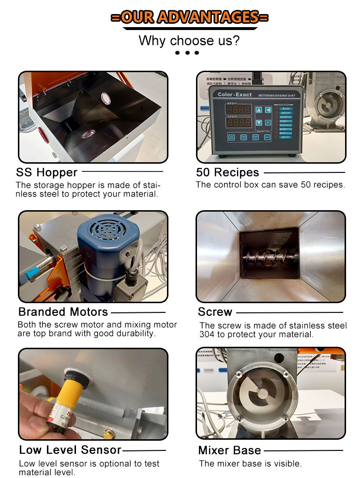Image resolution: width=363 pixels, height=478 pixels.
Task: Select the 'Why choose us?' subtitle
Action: click(x=189, y=41)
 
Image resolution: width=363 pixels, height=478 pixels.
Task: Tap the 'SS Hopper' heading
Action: click(x=46, y=172)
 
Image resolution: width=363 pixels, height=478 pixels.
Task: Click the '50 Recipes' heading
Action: click(x=227, y=172)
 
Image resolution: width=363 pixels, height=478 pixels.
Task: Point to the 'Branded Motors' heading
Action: click(x=63, y=311)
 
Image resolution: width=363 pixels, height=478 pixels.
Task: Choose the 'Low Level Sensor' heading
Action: click(x=70, y=450)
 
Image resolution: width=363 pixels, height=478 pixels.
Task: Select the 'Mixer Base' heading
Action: click(x=229, y=450)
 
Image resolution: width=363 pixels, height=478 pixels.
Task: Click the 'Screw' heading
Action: click(x=215, y=311)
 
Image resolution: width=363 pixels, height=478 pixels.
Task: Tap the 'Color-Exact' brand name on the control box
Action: click(x=233, y=95)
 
